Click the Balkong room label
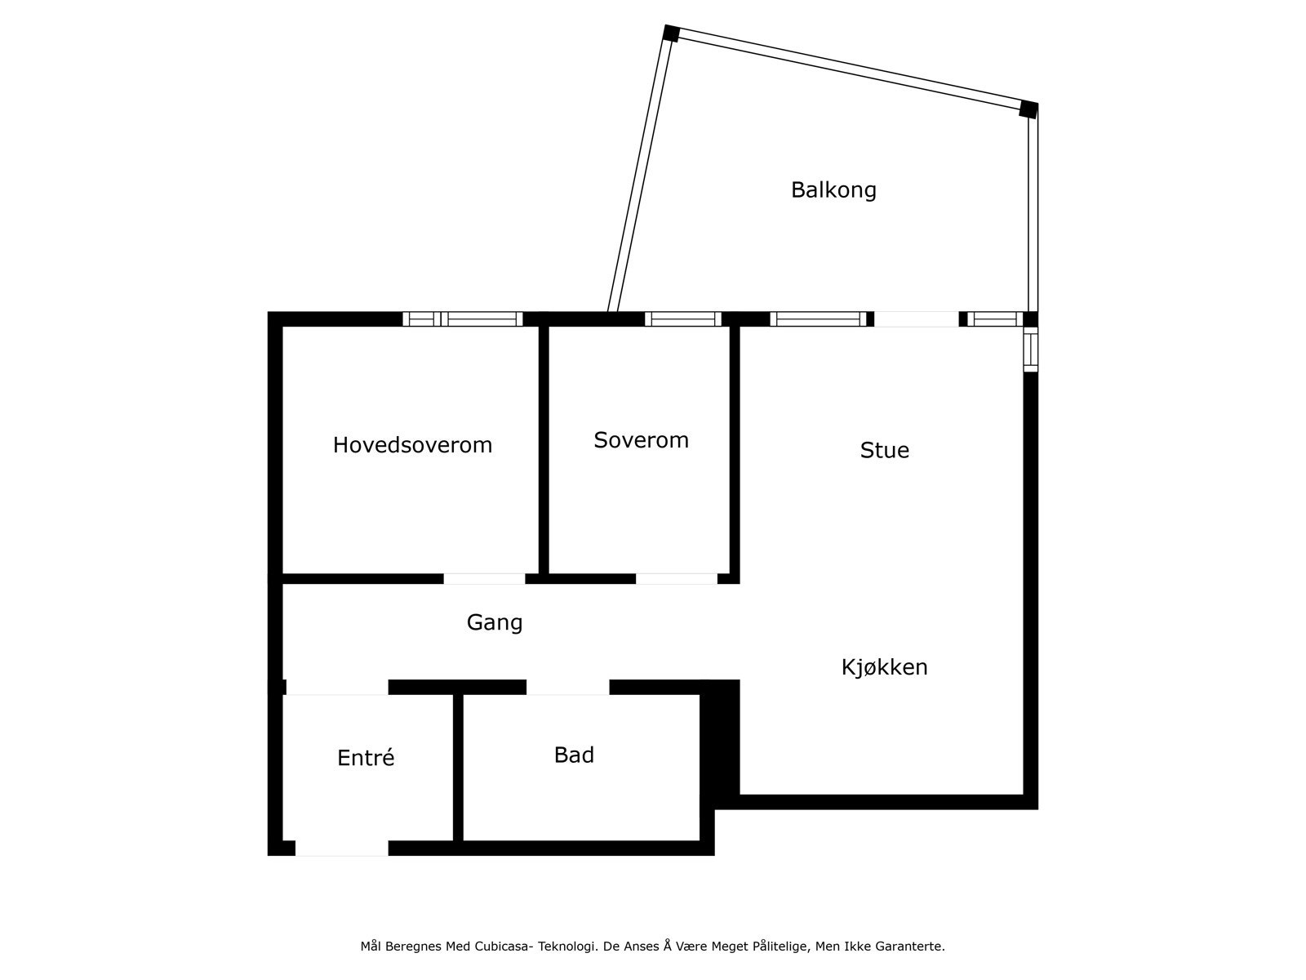(x=833, y=190)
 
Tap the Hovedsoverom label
(x=412, y=445)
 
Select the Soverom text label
(x=641, y=440)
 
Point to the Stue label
(x=884, y=450)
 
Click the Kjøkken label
(x=884, y=667)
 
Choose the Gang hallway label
(x=494, y=622)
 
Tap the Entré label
(x=366, y=758)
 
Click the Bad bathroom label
(x=574, y=755)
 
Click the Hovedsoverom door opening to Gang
(x=484, y=579)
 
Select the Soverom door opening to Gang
(x=677, y=579)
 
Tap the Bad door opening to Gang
(x=568, y=687)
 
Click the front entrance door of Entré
(x=341, y=849)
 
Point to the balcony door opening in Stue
(x=917, y=319)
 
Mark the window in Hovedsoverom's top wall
(x=463, y=319)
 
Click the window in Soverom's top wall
(x=683, y=319)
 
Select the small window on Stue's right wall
(x=1031, y=350)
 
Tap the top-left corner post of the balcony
(x=671, y=33)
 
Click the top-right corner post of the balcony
(x=1028, y=109)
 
